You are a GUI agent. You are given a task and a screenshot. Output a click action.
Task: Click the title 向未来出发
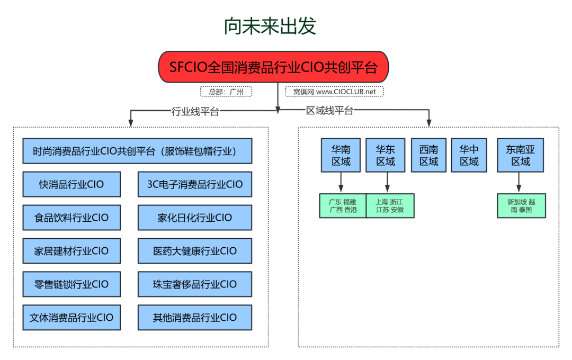point(270,26)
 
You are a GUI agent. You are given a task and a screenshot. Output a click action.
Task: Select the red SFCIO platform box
point(273,67)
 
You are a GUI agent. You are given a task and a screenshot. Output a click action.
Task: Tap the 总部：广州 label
point(226,92)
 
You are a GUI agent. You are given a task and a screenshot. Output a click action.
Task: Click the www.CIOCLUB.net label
point(334,92)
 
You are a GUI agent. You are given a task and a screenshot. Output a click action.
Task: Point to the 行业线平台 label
point(195,112)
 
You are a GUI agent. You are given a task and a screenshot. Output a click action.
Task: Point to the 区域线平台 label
point(329,111)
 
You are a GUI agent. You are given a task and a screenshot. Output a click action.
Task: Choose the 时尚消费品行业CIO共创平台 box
point(137,151)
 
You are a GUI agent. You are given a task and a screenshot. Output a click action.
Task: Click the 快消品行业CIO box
point(71,185)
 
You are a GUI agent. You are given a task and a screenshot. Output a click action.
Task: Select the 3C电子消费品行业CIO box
point(194,185)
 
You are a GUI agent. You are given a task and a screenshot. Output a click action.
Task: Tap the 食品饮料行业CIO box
point(71,218)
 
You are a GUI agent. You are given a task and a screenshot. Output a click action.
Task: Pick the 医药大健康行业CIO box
point(194,251)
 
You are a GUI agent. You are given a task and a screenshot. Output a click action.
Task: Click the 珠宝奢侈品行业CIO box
point(194,284)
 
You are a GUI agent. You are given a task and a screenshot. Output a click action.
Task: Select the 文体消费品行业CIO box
point(71,318)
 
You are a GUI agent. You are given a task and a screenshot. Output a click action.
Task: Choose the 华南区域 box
point(341,156)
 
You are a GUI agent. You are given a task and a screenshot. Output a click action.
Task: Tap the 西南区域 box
point(429,156)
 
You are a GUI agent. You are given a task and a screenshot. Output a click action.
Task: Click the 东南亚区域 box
point(521,156)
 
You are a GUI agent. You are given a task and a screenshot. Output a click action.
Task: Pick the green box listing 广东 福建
point(343,206)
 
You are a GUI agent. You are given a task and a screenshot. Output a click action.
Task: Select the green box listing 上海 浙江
point(389,206)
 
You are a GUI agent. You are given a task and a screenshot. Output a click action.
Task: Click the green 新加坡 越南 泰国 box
point(521,206)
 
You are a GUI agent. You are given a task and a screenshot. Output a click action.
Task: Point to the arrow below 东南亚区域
point(519,183)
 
